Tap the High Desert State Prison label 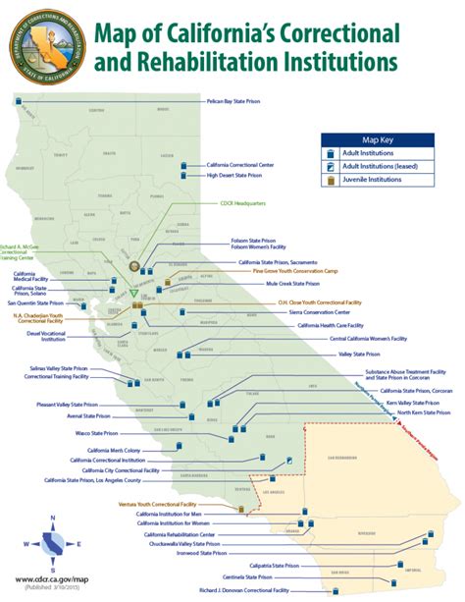pyautogui.click(x=234, y=176)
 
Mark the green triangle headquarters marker pyautogui.click(x=134, y=293)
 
